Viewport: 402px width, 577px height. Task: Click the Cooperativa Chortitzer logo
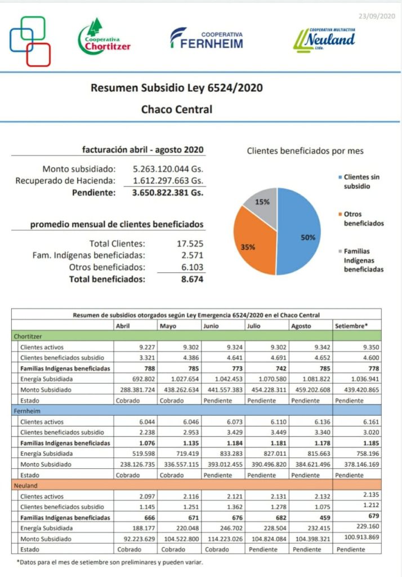[104, 38]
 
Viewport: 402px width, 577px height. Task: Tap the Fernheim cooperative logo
[207, 38]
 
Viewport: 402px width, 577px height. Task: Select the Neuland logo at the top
[324, 39]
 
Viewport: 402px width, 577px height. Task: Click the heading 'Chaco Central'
[176, 109]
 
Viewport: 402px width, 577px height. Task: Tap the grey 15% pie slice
[262, 205]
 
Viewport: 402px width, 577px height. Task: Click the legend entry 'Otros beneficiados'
[363, 219]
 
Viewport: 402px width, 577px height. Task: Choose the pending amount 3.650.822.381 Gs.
[168, 192]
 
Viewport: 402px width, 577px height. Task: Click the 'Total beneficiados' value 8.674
[192, 279]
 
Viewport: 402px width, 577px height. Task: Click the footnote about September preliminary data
[110, 562]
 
